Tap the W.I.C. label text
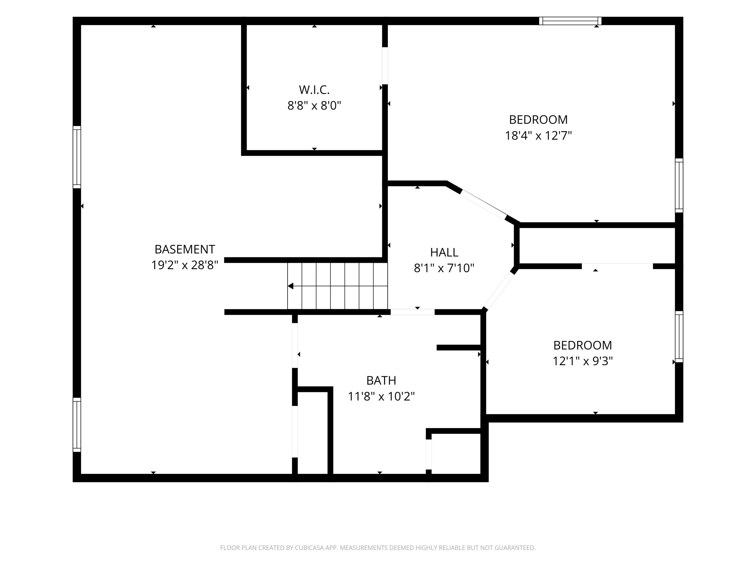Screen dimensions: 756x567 pyautogui.click(x=314, y=90)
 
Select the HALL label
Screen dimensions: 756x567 pyautogui.click(x=444, y=253)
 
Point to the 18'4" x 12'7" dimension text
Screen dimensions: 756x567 pyautogui.click(x=538, y=136)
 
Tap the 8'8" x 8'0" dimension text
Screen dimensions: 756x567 pyautogui.click(x=314, y=106)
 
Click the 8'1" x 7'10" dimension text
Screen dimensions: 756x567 pyautogui.click(x=444, y=268)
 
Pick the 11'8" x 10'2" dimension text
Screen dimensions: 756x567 pyautogui.click(x=381, y=396)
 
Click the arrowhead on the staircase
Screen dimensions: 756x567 pyautogui.click(x=291, y=286)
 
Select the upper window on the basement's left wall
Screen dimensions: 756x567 pyautogui.click(x=77, y=157)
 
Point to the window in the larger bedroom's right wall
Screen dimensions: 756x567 pyautogui.click(x=679, y=185)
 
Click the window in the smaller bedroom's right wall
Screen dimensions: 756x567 pyautogui.click(x=679, y=337)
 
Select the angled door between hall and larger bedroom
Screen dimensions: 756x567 pyautogui.click(x=484, y=204)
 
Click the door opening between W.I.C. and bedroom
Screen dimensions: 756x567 pyautogui.click(x=385, y=66)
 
